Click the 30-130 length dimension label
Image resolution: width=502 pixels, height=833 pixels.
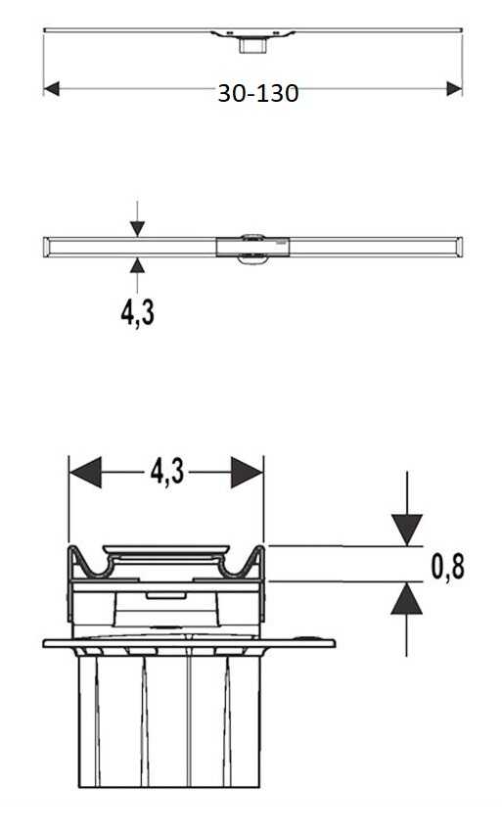258,93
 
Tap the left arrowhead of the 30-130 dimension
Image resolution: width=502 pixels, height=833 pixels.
52,89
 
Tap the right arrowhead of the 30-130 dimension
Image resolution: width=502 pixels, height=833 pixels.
454,89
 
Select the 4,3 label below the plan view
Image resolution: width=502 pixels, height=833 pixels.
138,313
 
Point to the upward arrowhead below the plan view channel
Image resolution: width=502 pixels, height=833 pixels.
137,265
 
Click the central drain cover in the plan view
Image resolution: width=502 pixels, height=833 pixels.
252,247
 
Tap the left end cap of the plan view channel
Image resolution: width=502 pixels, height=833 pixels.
47,247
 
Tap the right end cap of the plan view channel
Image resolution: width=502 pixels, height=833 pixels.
458,247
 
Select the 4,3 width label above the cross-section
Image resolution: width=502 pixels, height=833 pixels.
166,471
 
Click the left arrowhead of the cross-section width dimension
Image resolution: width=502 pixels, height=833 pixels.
85,472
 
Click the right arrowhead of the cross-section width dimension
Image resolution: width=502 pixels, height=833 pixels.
247,472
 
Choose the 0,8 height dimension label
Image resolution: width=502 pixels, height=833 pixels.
448,567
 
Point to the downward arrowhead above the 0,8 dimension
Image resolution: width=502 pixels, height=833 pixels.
407,530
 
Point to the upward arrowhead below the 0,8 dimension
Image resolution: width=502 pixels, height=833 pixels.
407,598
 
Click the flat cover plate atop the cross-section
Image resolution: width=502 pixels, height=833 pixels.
166,549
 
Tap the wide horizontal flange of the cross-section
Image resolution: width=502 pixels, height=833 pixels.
189,643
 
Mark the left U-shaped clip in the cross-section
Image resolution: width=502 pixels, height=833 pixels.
90,564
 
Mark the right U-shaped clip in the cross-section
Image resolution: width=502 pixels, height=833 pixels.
243,564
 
